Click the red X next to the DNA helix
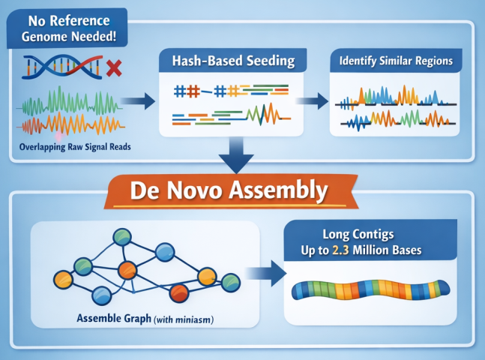point(115,69)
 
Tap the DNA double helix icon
point(62,68)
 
